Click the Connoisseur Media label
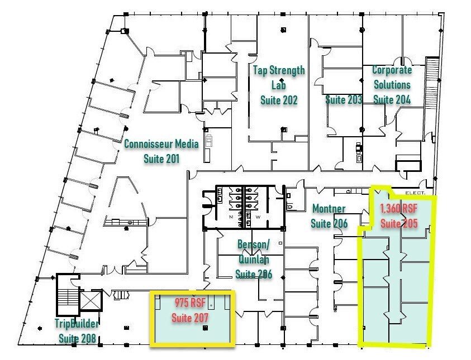point(161,144)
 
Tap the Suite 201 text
point(161,159)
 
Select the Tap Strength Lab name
point(279,78)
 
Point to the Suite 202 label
point(279,100)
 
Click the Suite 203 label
point(344,99)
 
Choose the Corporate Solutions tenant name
point(392,77)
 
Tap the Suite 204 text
point(392,99)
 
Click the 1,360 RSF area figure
point(399,209)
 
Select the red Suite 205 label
point(399,223)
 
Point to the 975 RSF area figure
point(190,303)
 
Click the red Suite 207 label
point(190,318)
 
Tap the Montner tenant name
point(329,209)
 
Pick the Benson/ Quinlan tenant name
point(253,252)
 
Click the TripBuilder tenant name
point(77,323)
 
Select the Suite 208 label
point(77,338)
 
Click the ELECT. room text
point(415,193)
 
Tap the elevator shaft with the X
point(91,300)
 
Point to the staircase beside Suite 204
point(432,83)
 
